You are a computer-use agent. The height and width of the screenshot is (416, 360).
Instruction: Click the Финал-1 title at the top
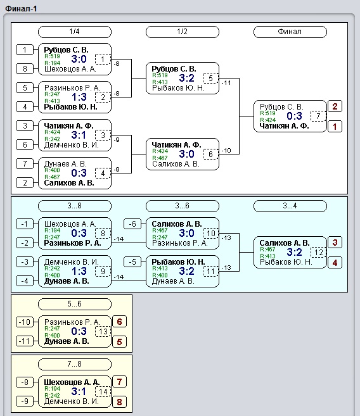(x=21, y=9)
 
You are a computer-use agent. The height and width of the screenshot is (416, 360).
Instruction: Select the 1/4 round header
(x=75, y=32)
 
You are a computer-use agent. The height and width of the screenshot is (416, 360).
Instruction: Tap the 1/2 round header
(x=183, y=32)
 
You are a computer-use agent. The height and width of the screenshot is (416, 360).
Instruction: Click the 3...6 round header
(x=183, y=206)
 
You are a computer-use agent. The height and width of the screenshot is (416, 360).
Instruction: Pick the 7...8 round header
(x=75, y=364)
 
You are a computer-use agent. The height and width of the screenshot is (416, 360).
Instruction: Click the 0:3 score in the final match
(x=294, y=116)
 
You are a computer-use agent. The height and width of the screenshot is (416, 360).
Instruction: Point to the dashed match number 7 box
(x=318, y=116)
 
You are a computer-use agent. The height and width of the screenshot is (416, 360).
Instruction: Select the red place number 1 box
(x=335, y=127)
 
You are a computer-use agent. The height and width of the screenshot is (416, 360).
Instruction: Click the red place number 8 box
(x=119, y=402)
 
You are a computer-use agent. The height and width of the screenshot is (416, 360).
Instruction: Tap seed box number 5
(x=25, y=87)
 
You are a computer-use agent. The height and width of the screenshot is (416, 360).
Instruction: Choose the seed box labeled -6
(x=132, y=224)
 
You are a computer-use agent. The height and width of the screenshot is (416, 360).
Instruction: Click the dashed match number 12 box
(x=318, y=252)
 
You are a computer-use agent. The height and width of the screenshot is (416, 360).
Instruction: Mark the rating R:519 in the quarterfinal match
(x=52, y=56)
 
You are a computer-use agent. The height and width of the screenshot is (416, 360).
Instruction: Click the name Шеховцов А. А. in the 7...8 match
(x=72, y=382)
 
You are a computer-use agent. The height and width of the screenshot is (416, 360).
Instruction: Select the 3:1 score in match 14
(x=79, y=391)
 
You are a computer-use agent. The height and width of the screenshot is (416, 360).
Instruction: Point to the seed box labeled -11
(x=25, y=341)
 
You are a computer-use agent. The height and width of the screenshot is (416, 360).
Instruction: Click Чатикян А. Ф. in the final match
(x=284, y=126)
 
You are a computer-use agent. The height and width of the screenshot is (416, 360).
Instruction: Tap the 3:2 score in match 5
(x=186, y=78)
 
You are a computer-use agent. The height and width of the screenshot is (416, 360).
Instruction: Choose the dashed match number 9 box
(x=103, y=271)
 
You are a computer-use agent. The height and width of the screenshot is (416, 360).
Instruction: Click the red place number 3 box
(x=335, y=243)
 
